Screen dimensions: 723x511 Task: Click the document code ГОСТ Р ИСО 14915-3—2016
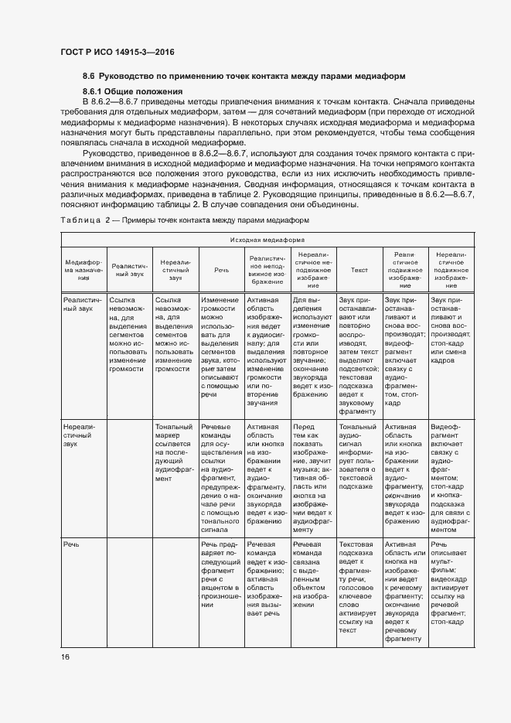118,52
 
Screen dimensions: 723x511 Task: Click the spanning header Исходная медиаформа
267,240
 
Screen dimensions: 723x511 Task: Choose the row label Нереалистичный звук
81,435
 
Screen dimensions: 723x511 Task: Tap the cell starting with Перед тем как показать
313,478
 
